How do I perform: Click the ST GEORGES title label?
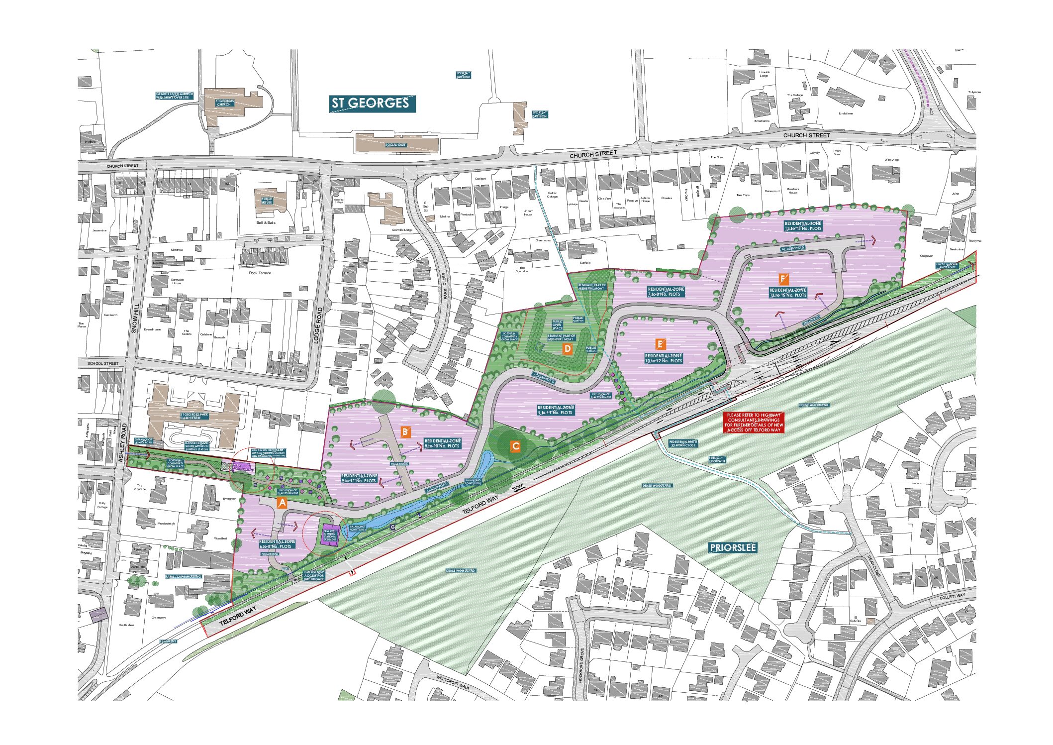click(372, 103)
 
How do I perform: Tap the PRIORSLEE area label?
click(733, 547)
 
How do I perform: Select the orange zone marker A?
click(282, 503)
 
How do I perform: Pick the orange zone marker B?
click(405, 431)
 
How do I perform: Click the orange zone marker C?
click(516, 446)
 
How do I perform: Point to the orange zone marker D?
click(567, 349)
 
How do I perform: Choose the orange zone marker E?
click(660, 344)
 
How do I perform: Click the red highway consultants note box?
click(754, 422)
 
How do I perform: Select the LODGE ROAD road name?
click(319, 325)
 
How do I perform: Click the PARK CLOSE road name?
click(445, 286)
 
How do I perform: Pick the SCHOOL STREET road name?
click(103, 363)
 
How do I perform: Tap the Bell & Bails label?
click(266, 222)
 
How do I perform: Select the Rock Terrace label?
click(260, 273)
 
